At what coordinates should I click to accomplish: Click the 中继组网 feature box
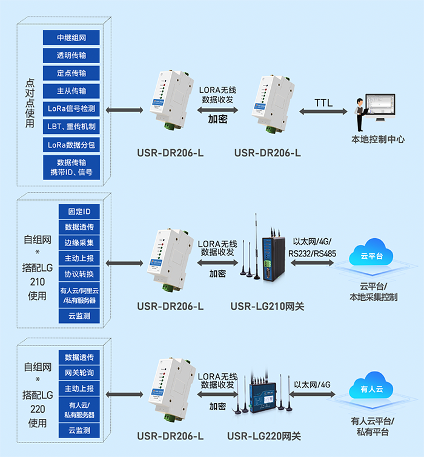(71, 38)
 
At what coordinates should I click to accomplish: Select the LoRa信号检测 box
(71, 109)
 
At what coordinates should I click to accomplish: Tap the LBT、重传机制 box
(71, 127)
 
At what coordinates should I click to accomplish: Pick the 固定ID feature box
(79, 212)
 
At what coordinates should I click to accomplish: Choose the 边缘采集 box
(79, 242)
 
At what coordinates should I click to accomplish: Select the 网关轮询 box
(79, 372)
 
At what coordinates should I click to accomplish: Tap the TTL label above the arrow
(323, 102)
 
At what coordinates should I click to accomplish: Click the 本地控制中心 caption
(378, 139)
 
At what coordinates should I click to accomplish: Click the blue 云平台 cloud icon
(371, 258)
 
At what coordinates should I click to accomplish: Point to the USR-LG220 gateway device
(261, 391)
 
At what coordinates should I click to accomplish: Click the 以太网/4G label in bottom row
(313, 384)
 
